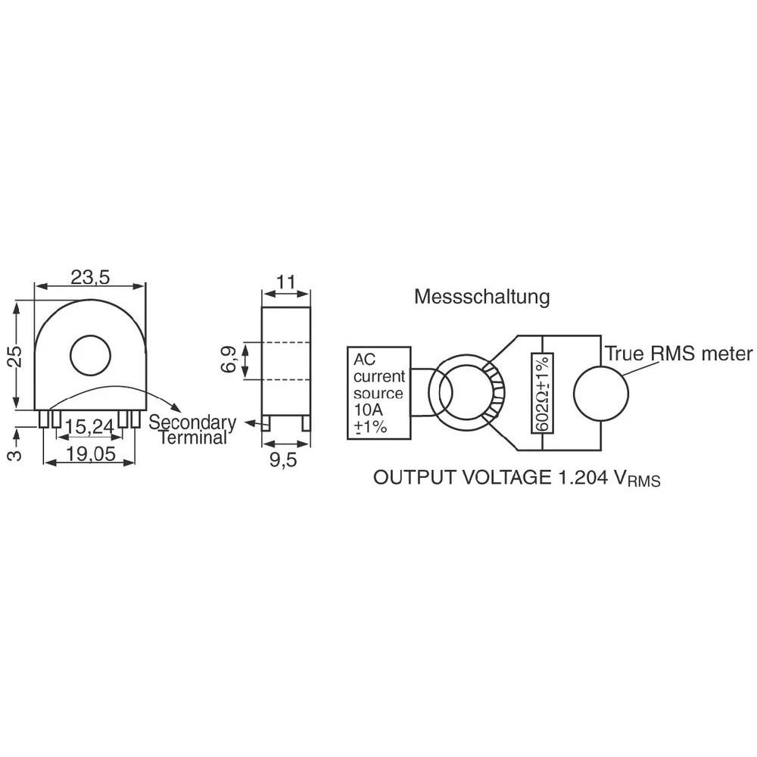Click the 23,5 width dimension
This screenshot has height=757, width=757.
(90, 277)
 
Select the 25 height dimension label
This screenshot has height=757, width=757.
(16, 357)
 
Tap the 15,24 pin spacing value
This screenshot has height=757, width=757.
(89, 426)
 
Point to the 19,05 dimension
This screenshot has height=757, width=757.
(91, 453)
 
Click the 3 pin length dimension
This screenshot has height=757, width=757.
(15, 454)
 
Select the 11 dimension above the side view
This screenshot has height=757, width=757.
(286, 282)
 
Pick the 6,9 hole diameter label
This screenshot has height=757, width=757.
(229, 360)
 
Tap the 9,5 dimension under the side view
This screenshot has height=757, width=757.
(283, 459)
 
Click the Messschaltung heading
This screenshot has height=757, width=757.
(481, 297)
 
